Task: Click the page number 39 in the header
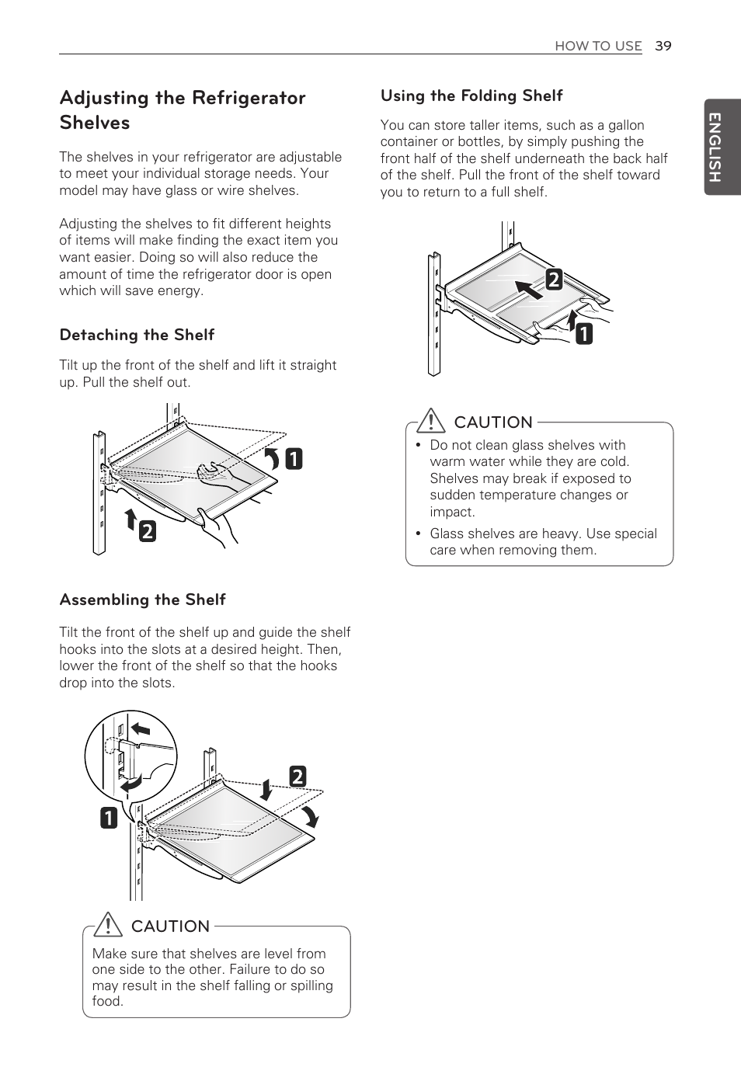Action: click(662, 46)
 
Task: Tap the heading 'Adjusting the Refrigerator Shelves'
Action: click(183, 109)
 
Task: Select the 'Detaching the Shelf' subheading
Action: click(137, 335)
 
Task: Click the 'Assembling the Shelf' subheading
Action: click(142, 600)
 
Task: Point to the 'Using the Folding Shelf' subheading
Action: click(471, 96)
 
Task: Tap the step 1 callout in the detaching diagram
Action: click(293, 460)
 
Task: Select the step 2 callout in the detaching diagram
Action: click(147, 531)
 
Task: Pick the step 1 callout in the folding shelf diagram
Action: click(583, 334)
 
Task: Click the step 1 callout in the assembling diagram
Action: click(108, 818)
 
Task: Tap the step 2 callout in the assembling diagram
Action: click(297, 776)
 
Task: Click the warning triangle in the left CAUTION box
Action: click(112, 926)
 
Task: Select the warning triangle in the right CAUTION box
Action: click(429, 422)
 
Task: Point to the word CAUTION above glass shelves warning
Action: click(493, 422)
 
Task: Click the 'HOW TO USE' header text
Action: click(597, 46)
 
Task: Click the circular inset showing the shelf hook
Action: click(128, 753)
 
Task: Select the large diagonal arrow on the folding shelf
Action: click(529, 290)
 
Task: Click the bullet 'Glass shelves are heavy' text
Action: click(542, 541)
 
